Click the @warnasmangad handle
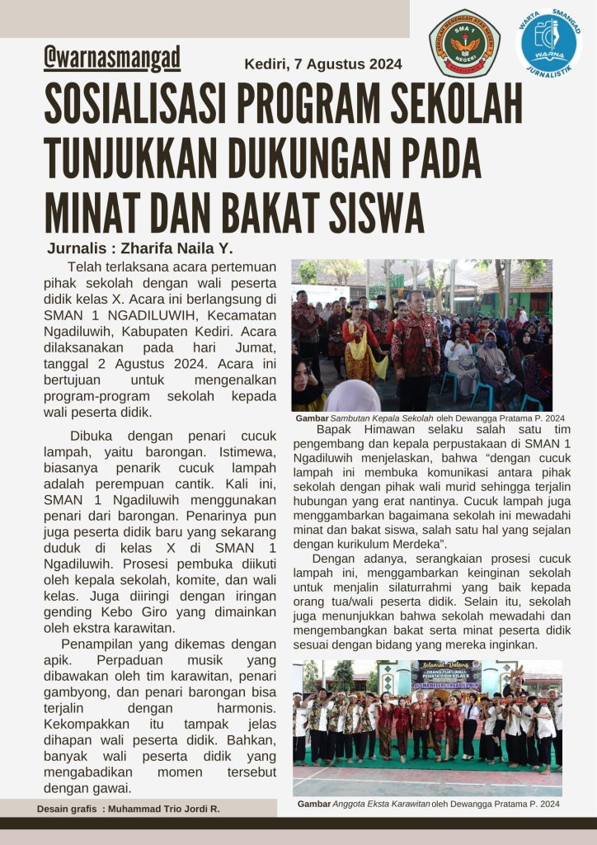pos(112,59)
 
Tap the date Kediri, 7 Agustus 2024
pos(323,64)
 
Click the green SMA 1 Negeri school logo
pos(464,43)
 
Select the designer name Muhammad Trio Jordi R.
pos(162,809)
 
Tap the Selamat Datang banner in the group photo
pos(445,676)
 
